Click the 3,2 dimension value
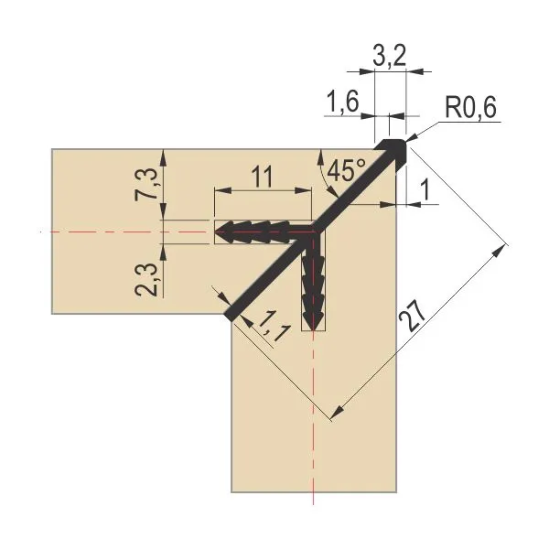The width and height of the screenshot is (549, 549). (x=390, y=55)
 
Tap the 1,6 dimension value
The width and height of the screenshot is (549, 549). (x=342, y=102)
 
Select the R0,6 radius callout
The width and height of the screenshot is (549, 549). (x=470, y=107)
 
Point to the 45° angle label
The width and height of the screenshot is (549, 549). (x=346, y=170)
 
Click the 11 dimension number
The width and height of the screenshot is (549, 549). (x=262, y=177)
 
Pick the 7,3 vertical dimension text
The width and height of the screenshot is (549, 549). (x=145, y=185)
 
